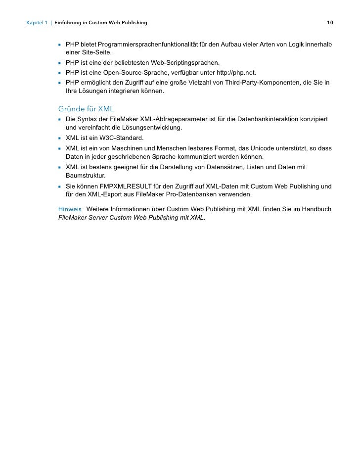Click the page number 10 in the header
[x=330, y=23]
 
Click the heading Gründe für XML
[x=86, y=108]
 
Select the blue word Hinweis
[x=70, y=209]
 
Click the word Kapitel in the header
[x=37, y=23]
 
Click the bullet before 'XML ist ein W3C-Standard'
[x=59, y=138]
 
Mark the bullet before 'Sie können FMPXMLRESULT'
[x=59, y=186]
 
